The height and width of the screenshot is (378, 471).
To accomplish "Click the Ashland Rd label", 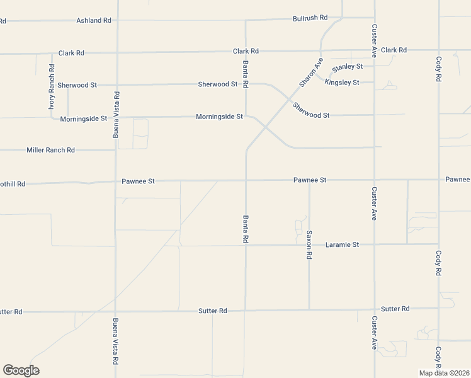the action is (94, 20).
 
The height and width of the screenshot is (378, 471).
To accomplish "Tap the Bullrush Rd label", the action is (310, 18).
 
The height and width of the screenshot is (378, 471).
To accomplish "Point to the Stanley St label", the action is (348, 67).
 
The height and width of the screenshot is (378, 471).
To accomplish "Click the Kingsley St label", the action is (342, 83).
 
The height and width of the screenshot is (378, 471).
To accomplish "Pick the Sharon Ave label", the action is (310, 72).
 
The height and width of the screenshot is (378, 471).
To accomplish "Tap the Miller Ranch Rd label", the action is (50, 150).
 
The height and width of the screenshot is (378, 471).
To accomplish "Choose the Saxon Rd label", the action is (309, 245).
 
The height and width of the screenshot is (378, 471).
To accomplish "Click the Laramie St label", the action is (343, 244).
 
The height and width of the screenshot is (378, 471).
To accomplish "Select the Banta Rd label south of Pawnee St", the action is (246, 229).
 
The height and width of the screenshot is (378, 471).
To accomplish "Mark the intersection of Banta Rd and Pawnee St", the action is (246, 180).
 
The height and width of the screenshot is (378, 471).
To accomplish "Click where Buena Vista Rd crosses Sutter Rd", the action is (115, 311).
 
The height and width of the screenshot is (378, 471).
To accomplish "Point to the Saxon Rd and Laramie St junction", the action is (309, 244).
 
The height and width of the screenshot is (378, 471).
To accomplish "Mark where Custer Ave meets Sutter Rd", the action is (375, 309).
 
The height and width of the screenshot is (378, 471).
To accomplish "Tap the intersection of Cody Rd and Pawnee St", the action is (439, 180).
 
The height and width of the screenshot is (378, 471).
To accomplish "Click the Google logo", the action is (21, 370).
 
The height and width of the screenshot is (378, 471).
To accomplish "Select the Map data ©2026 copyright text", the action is (444, 373).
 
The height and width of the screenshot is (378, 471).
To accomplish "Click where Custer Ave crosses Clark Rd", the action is (375, 50).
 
